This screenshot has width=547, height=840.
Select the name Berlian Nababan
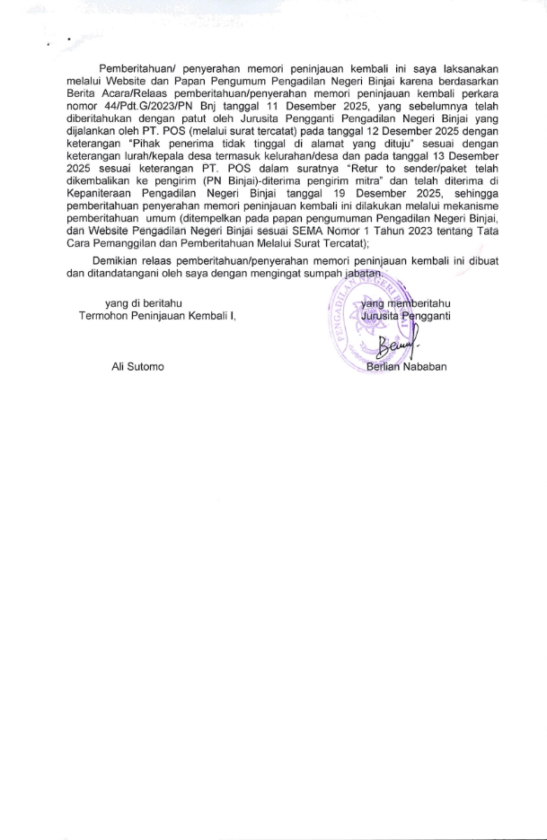[x=407, y=366]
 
